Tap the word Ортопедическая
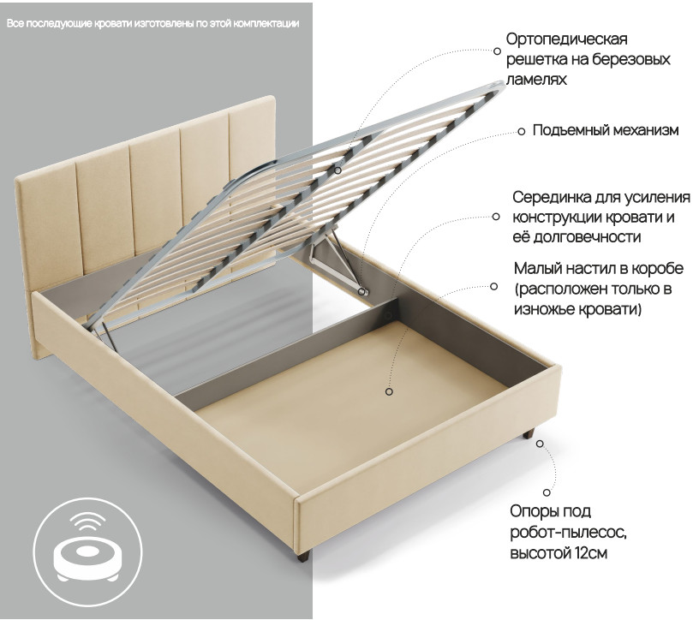[x=566, y=39]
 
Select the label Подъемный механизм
[x=606, y=130]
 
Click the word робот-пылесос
[x=568, y=532]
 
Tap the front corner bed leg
[x=302, y=555]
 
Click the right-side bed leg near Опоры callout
[x=529, y=433]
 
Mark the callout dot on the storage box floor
[x=389, y=391]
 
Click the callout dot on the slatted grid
[x=338, y=170]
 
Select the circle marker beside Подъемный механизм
[x=521, y=132]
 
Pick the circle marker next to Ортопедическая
[x=497, y=51]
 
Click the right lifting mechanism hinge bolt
[x=363, y=292]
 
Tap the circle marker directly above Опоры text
[x=547, y=492]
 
